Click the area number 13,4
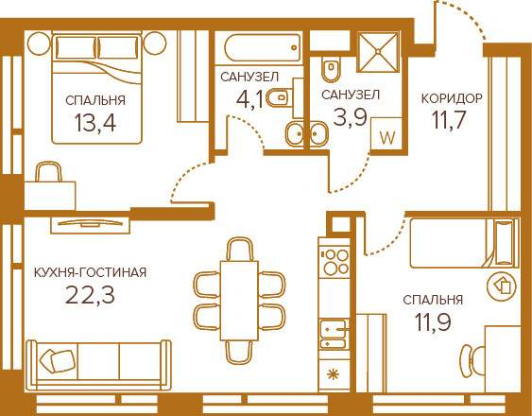95,123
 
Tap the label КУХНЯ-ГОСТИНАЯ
91,272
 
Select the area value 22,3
90,295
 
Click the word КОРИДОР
452,99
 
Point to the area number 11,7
448,120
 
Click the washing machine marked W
386,134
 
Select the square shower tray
378,52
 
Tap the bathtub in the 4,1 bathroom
263,47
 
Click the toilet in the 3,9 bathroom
331,69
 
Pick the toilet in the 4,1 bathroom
280,98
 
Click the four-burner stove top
335,262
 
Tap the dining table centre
239,301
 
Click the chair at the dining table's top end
239,249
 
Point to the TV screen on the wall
91,223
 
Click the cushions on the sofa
57,360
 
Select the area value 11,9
433,321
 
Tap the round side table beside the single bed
502,287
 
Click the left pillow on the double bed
76,47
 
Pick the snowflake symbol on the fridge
333,374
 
